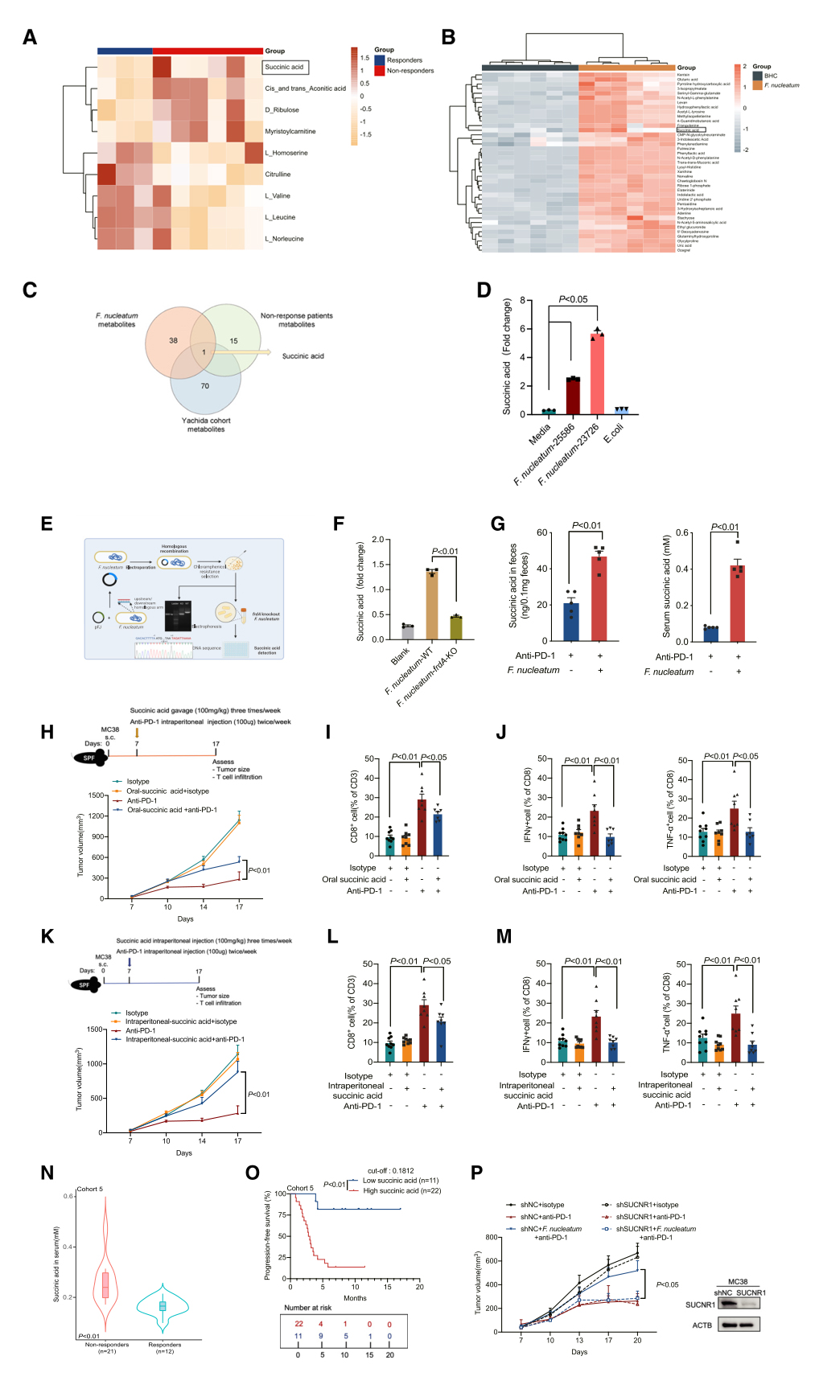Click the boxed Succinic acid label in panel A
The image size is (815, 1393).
pos(285,68)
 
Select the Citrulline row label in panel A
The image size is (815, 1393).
pos(278,175)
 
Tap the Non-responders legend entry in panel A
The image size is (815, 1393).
pos(410,71)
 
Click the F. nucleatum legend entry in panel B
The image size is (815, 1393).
pos(781,85)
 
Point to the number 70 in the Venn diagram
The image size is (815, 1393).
pos(205,386)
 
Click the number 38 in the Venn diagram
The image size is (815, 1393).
pos(173,340)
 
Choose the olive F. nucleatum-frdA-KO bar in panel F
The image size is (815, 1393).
pos(456,628)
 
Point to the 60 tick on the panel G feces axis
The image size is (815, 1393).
pos(542,532)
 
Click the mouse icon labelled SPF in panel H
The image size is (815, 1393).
pos(89,758)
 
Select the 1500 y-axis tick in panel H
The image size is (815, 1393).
pos(97,795)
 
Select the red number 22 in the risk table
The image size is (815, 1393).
pos(298,1324)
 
